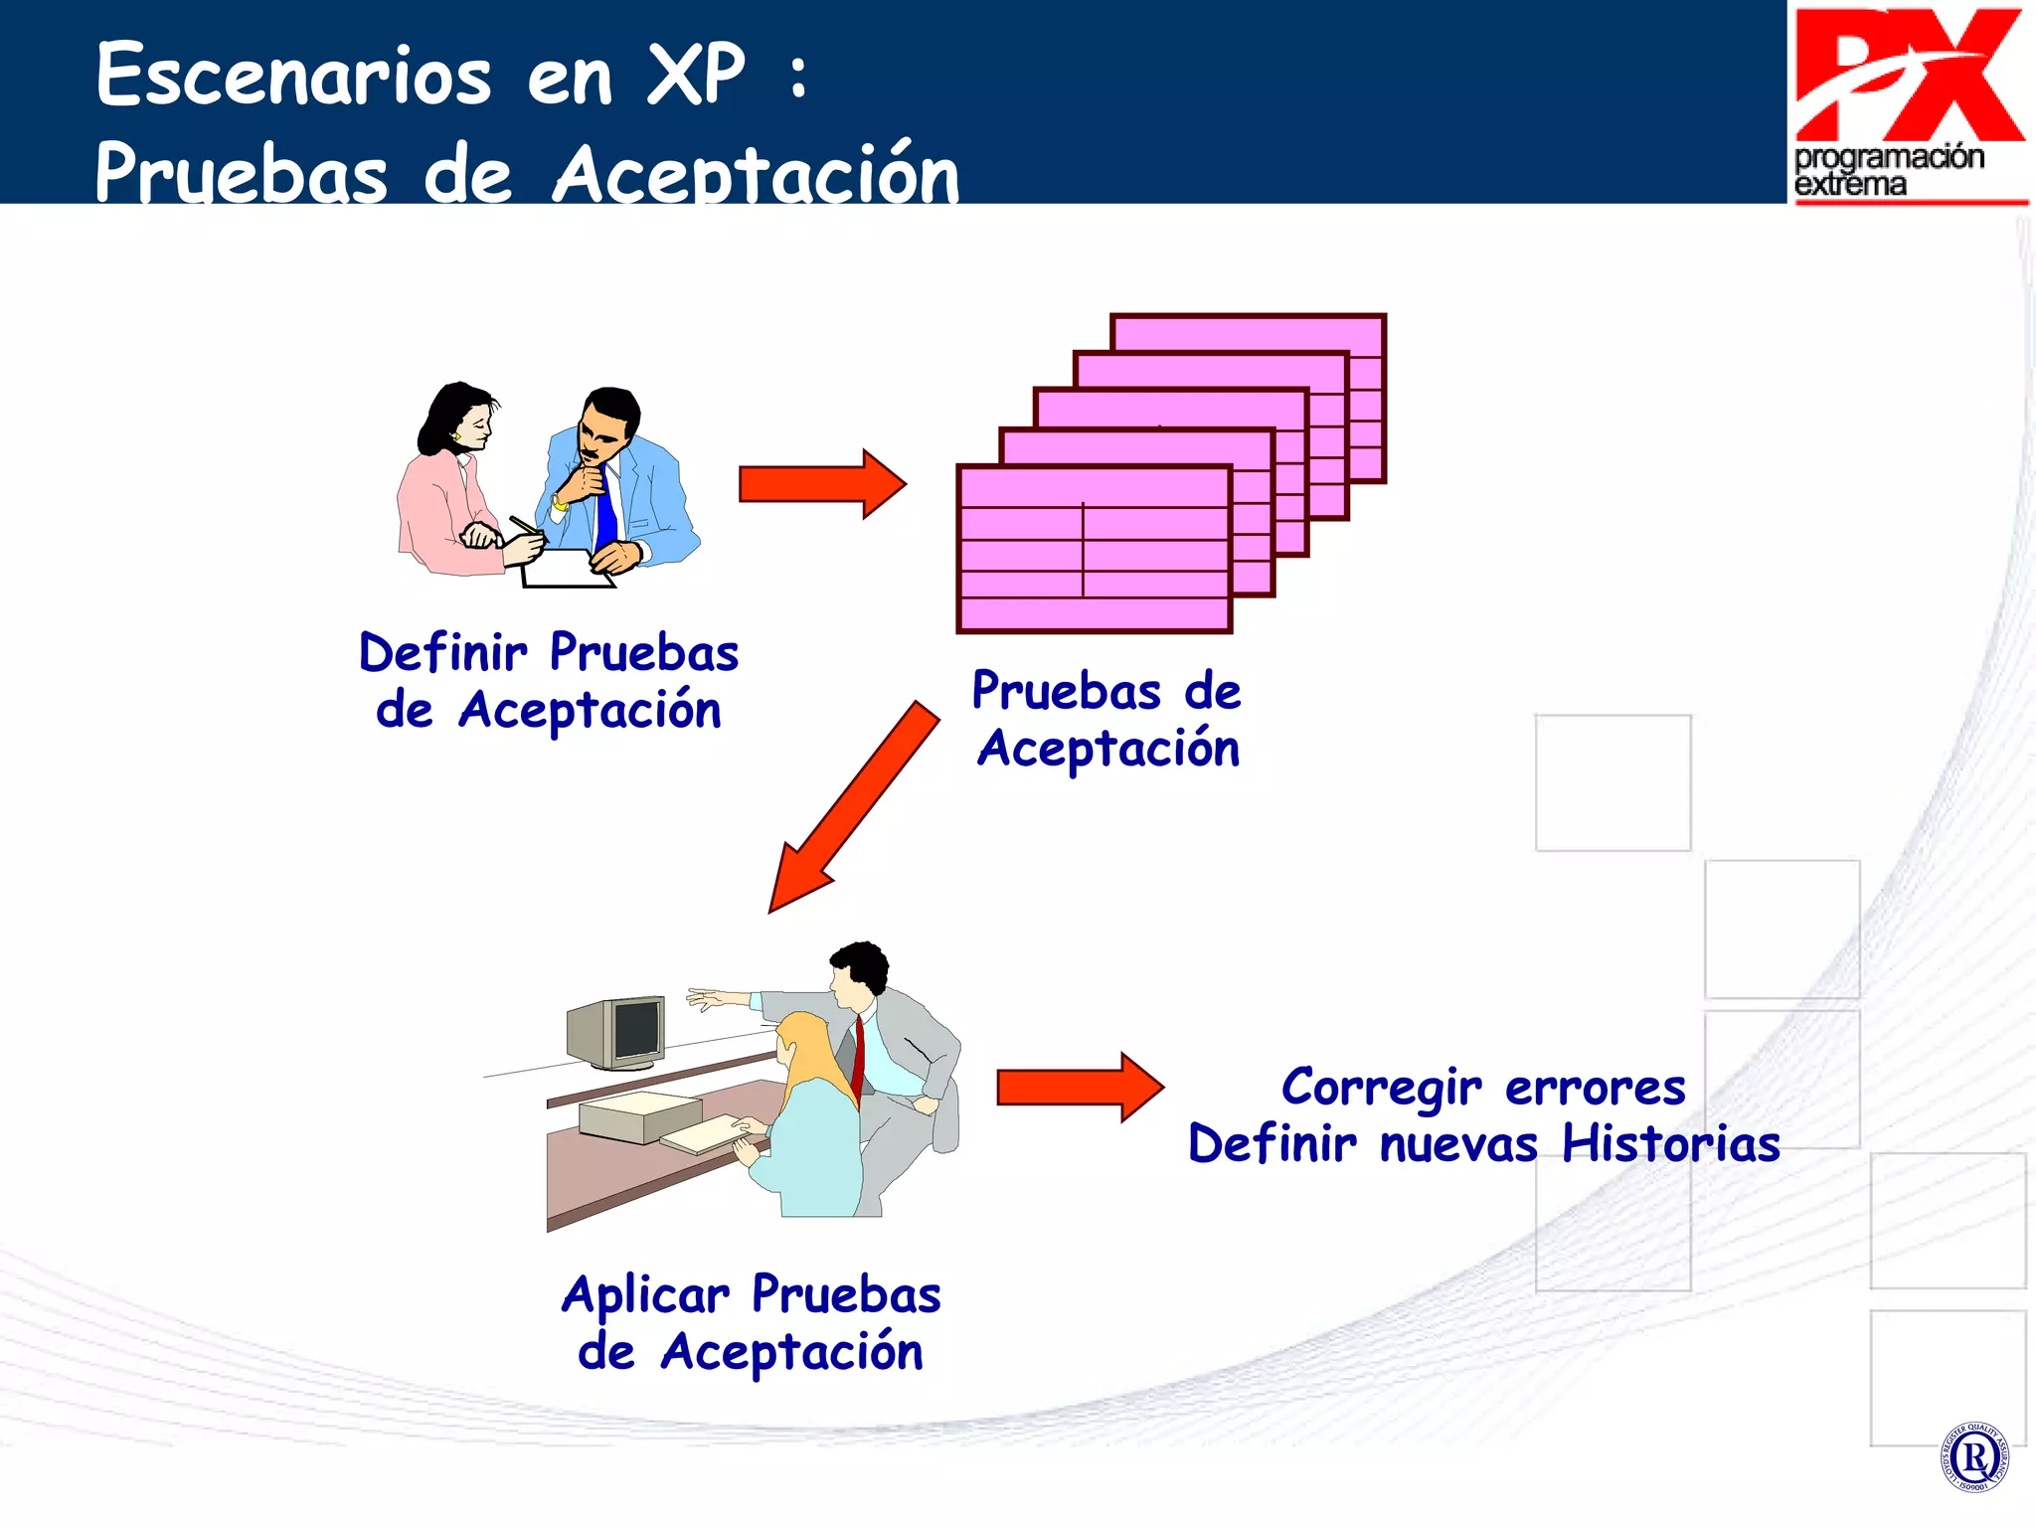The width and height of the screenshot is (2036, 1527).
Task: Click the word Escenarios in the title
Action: (293, 76)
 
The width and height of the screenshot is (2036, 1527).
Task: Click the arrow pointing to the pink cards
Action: (821, 484)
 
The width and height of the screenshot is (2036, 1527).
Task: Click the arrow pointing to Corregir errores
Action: (1079, 1088)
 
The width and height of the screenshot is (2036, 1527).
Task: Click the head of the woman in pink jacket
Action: (460, 418)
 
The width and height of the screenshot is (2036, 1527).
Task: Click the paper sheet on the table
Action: (567, 570)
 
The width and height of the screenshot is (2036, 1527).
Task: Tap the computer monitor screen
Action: (636, 1029)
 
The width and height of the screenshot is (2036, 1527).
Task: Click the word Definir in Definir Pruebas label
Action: (443, 653)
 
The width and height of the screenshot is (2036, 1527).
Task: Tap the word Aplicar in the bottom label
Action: (645, 1295)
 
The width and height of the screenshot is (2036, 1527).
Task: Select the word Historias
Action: (1670, 1143)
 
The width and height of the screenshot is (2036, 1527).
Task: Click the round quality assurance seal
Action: (1974, 1457)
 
